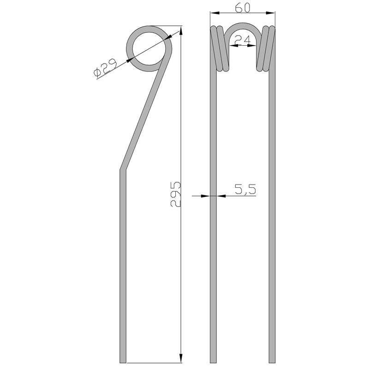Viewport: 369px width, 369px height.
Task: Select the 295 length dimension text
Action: coord(176,194)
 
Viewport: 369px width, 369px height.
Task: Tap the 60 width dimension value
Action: coord(243,8)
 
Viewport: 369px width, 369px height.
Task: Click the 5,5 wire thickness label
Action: coord(245,189)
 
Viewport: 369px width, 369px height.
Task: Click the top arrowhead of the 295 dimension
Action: coord(181,31)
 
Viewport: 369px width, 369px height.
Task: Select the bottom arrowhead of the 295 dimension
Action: coord(181,358)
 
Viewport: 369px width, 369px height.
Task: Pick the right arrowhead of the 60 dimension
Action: coord(270,13)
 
